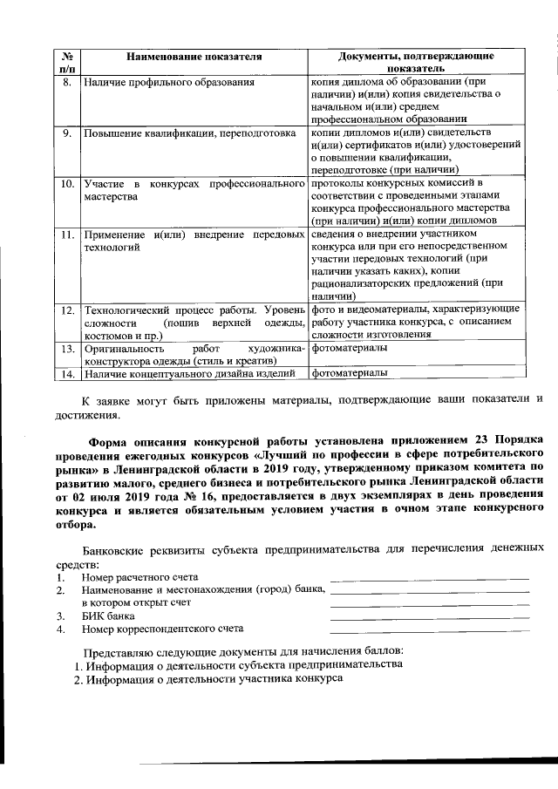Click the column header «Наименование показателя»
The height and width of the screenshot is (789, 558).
click(194, 57)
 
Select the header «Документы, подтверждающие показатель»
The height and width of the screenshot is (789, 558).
click(415, 62)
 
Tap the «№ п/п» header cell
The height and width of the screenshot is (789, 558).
click(66, 62)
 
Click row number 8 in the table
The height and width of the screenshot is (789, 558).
click(66, 84)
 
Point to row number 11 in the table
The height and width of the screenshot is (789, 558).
click(66, 235)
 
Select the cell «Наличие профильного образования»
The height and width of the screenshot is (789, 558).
click(169, 84)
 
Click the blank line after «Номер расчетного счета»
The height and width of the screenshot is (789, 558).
click(430, 578)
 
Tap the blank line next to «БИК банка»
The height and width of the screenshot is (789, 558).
click(430, 616)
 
